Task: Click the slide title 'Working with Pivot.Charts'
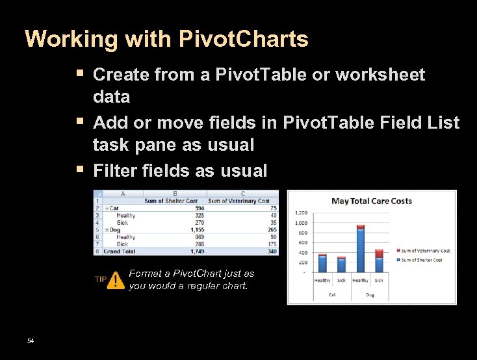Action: (x=166, y=40)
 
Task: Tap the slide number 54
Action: (x=31, y=341)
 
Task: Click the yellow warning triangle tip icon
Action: (x=116, y=280)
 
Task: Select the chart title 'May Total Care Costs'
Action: (x=372, y=201)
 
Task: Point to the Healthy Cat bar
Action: (x=322, y=263)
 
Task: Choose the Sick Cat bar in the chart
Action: (x=342, y=264)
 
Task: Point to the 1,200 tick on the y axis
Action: (x=301, y=212)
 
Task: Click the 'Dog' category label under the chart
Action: (x=369, y=294)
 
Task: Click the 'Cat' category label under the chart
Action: (x=331, y=294)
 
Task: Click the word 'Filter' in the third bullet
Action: (x=114, y=171)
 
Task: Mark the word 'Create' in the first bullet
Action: (x=121, y=75)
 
